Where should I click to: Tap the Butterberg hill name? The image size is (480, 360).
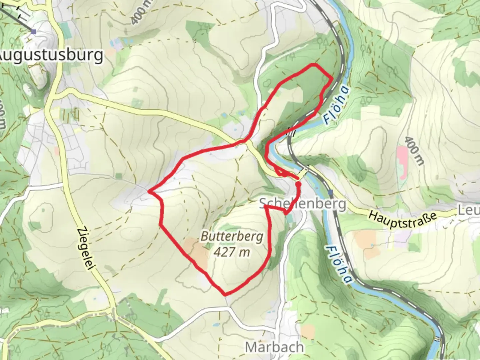(x=232, y=237)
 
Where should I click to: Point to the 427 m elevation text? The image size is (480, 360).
(x=232, y=252)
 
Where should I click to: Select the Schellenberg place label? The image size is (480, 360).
(x=302, y=204)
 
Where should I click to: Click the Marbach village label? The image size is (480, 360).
(x=274, y=347)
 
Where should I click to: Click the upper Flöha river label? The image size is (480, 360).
(x=337, y=105)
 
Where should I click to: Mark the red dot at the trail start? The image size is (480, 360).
(x=298, y=184)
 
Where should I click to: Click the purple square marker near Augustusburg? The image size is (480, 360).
(x=33, y=32)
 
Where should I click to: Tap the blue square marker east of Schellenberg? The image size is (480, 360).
(x=330, y=192)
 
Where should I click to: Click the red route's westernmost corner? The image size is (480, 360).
(x=149, y=192)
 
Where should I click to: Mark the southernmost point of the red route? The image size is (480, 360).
(x=226, y=294)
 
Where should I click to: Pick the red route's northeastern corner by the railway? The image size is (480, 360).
(x=331, y=78)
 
